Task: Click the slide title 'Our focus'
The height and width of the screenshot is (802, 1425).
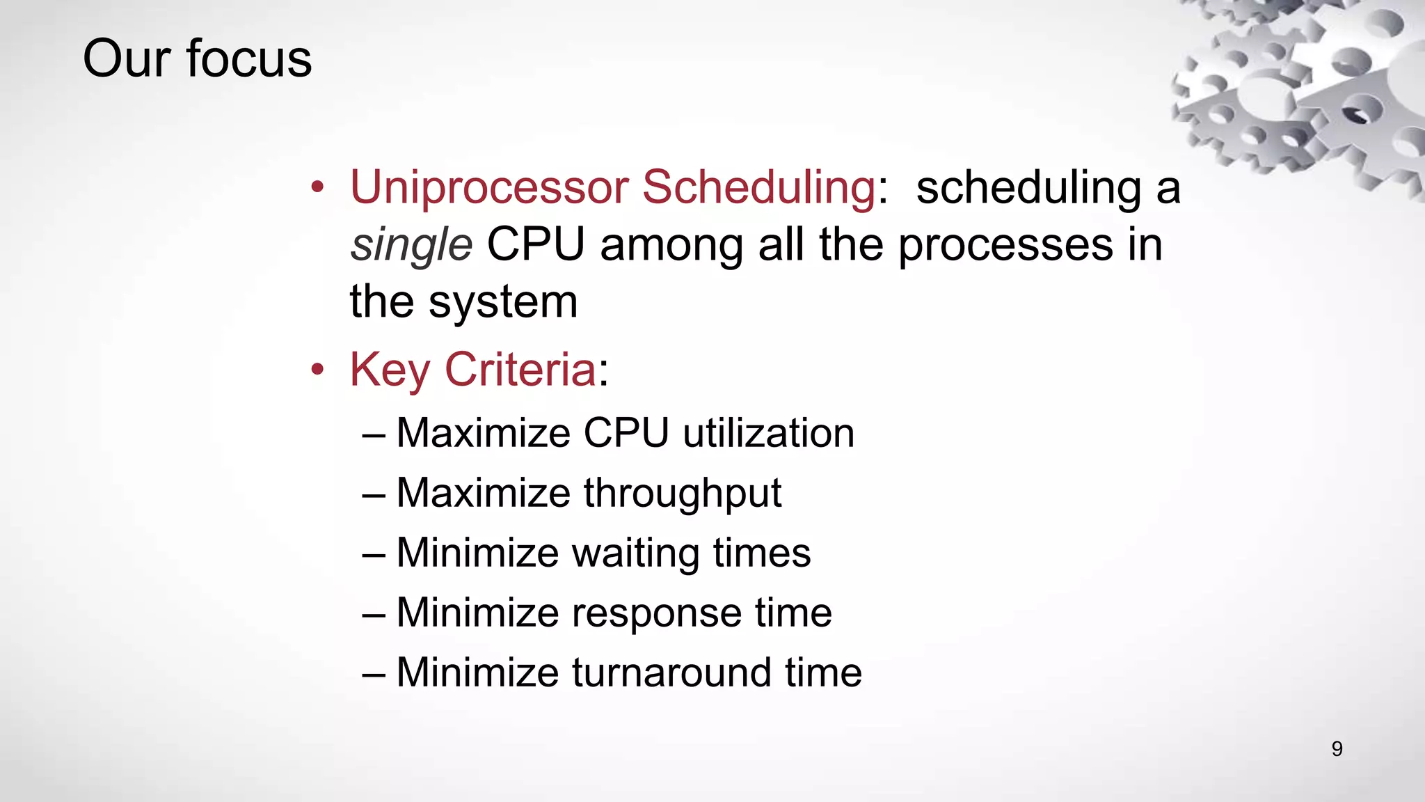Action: coord(197,58)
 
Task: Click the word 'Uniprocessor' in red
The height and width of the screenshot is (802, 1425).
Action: coord(489,188)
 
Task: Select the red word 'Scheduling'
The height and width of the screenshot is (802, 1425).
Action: coord(758,188)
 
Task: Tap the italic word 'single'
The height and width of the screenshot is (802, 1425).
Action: coord(411,246)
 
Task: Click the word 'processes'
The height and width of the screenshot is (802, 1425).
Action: coord(1005,246)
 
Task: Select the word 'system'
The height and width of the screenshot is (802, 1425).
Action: coord(503,303)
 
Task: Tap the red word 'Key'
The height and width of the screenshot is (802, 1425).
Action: coord(390,370)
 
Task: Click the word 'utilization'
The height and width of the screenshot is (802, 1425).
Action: coord(768,433)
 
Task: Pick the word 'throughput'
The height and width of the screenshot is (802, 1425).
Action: coord(682,494)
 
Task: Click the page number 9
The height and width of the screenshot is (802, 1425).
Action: coord(1337,748)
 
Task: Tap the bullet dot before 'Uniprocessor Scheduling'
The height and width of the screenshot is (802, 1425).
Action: coord(317,187)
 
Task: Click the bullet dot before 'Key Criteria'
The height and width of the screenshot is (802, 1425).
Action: coord(317,369)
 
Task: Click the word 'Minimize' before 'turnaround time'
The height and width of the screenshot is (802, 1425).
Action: coord(477,673)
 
